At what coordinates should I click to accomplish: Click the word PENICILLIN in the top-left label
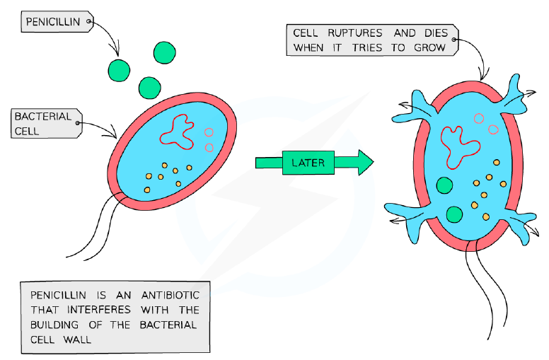tap(53, 22)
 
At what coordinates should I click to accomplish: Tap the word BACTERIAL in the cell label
tap(42, 116)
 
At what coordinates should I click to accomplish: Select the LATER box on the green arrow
tap(308, 163)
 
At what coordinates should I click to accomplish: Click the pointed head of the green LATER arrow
tap(366, 162)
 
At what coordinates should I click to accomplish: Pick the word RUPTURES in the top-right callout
tap(354, 33)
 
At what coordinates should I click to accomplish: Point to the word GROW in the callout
tap(429, 47)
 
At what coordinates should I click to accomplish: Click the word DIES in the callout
tap(436, 33)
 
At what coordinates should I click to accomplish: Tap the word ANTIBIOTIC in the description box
tap(171, 295)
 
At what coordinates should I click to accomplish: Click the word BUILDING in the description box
tap(54, 325)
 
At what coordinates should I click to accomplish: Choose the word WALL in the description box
tap(77, 339)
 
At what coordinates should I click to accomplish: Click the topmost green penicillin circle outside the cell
tap(165, 52)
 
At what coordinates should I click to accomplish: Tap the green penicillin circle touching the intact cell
tap(150, 88)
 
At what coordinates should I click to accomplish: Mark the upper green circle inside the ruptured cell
tap(444, 185)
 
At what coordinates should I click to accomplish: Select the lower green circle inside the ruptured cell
tap(454, 214)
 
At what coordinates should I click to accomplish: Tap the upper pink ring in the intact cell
tap(209, 132)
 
